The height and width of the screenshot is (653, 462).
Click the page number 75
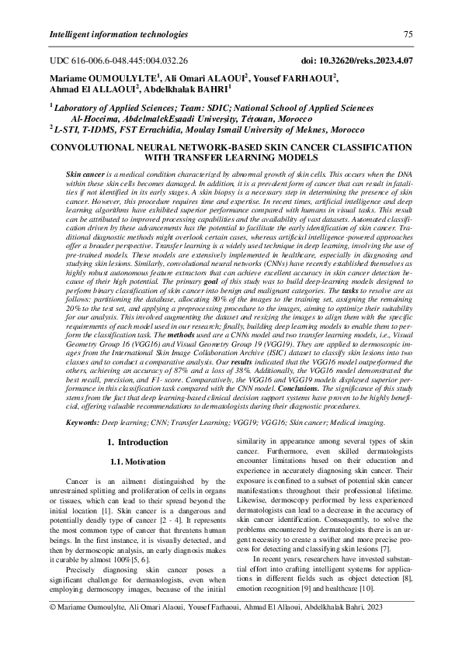pos(408,34)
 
